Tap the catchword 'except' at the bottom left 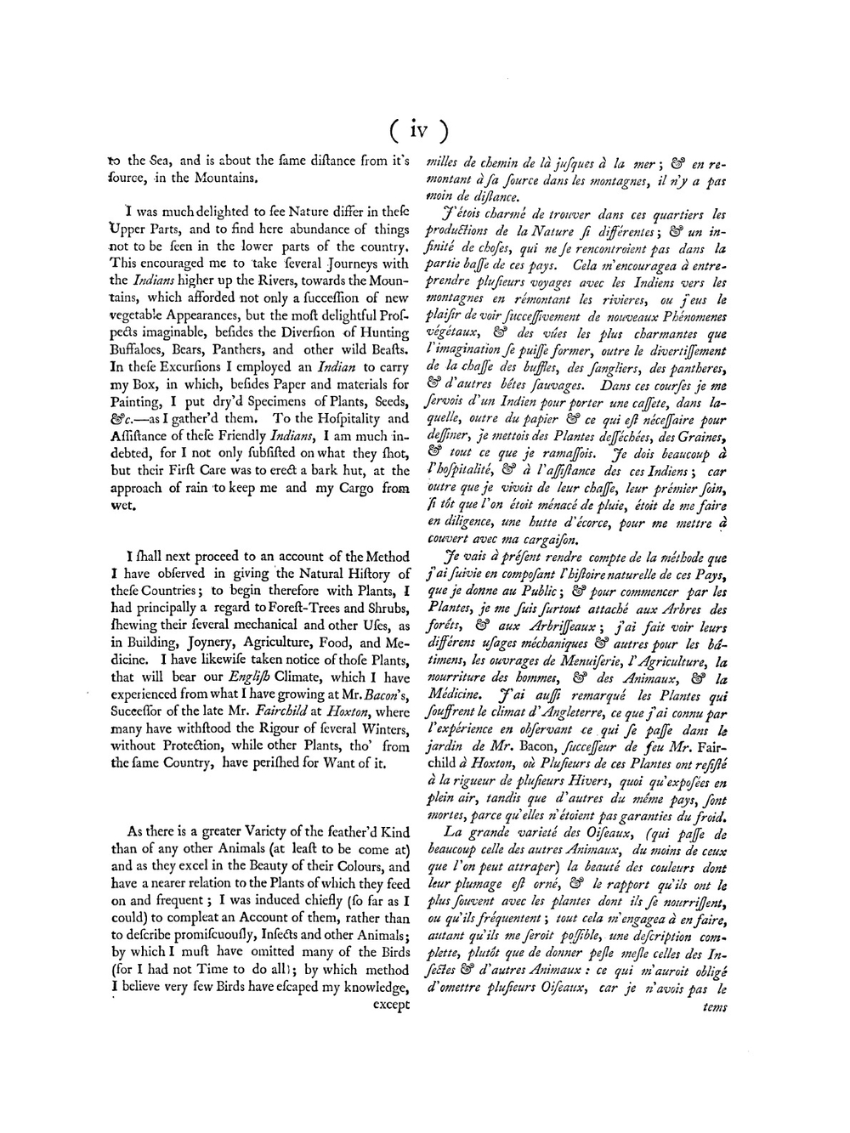click(x=392, y=1004)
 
